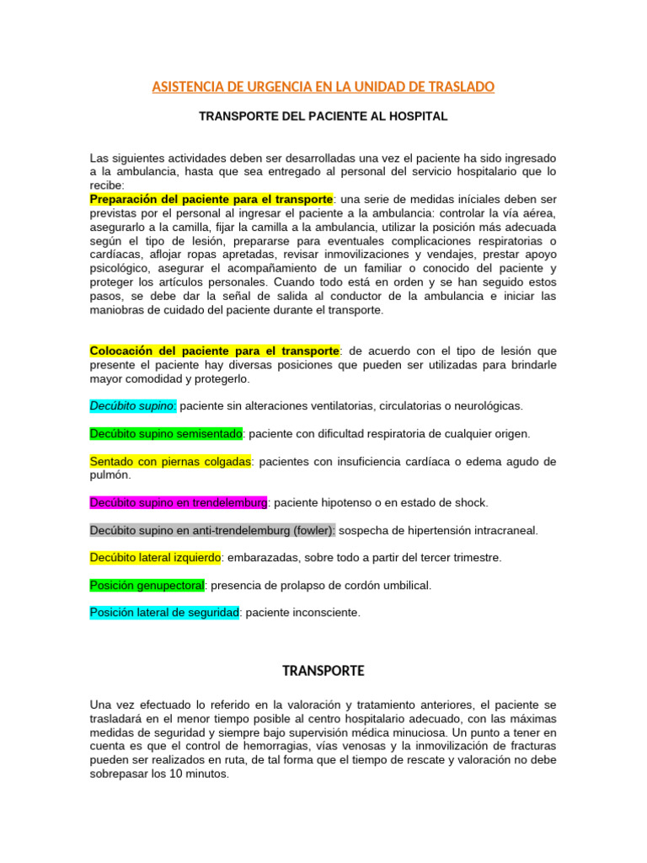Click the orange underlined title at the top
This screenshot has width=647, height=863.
pos(323,87)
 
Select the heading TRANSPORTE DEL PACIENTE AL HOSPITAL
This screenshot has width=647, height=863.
pos(323,117)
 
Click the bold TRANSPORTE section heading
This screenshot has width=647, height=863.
pos(323,671)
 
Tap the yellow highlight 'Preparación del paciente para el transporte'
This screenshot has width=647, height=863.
pos(211,199)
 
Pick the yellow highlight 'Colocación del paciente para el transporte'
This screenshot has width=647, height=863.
pos(214,350)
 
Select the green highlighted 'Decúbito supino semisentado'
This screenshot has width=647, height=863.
pos(166,433)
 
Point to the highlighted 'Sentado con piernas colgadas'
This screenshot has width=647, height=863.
pos(170,461)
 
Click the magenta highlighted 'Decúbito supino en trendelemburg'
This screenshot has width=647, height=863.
pos(179,502)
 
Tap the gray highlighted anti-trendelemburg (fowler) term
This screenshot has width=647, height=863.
pos(212,530)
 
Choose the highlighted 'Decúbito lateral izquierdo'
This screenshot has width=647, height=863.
pos(156,557)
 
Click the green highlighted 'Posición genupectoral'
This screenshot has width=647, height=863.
pos(147,585)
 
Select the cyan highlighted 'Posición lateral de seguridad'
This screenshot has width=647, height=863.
pos(164,613)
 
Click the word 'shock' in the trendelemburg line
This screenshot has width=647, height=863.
pos(471,502)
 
